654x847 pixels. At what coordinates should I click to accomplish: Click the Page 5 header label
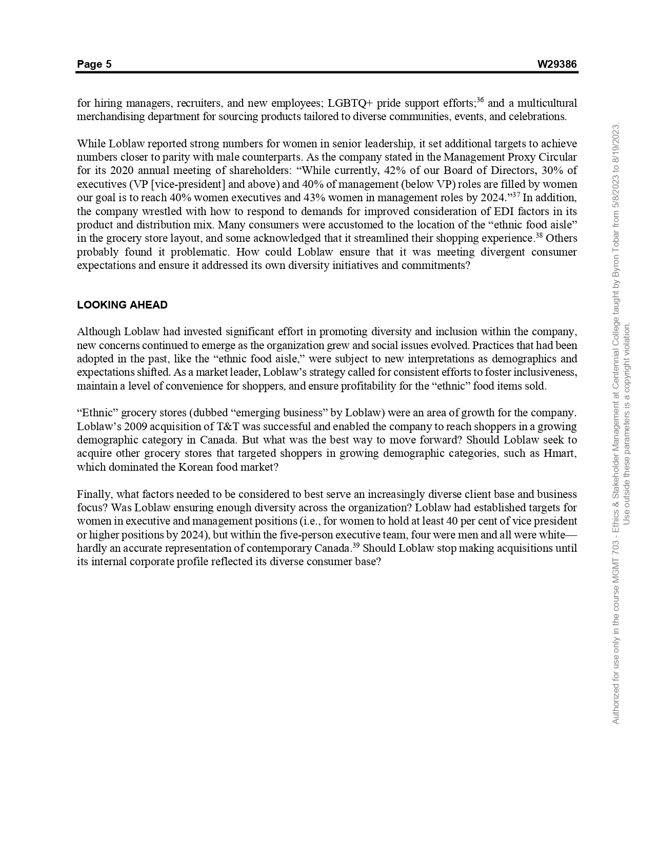[x=94, y=64]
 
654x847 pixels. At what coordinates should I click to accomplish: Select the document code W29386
[x=557, y=64]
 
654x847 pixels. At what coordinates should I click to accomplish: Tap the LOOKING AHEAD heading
[x=122, y=305]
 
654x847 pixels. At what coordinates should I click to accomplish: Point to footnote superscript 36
[x=480, y=100]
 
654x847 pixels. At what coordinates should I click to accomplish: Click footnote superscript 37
[x=516, y=195]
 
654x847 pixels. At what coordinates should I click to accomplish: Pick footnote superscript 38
[x=539, y=236]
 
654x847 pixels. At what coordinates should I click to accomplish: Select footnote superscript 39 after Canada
[x=356, y=545]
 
